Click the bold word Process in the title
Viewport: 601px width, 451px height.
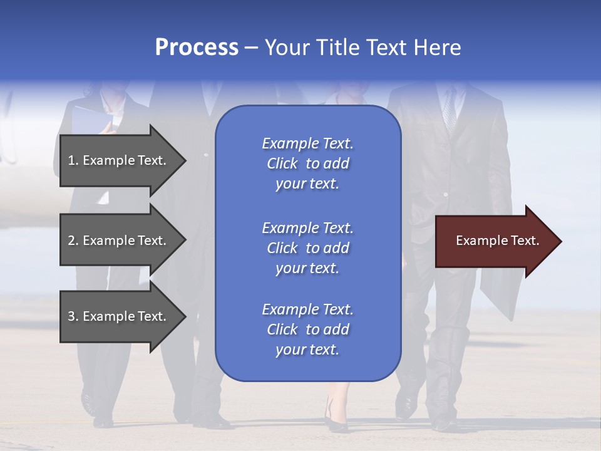tap(197, 48)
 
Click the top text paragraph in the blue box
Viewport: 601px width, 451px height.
tap(307, 163)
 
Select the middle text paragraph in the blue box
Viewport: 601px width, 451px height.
tap(307, 248)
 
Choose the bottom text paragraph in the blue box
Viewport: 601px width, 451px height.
tap(307, 329)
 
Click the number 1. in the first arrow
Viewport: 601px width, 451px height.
tap(73, 161)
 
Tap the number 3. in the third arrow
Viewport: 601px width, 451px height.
tap(73, 317)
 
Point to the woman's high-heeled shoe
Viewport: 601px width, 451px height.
tap(335, 419)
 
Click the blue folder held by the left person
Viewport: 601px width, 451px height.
tap(91, 119)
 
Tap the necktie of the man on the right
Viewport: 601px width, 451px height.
tap(449, 110)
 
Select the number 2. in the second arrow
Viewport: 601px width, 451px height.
tap(73, 241)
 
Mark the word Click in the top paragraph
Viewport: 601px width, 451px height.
tap(282, 164)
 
